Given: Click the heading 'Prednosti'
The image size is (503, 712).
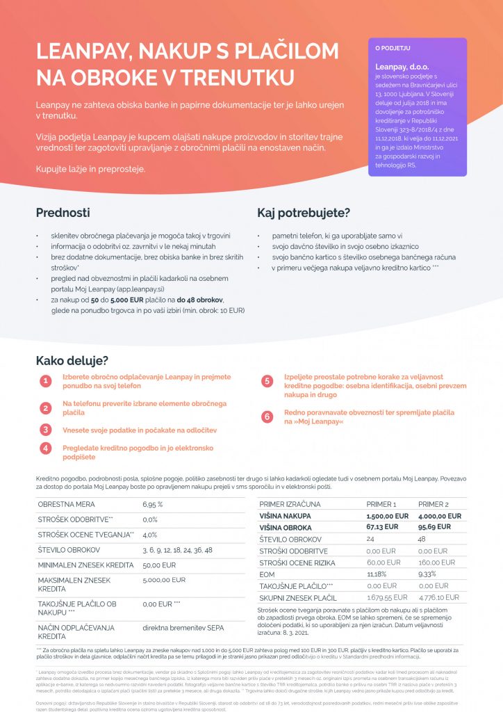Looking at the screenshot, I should pyautogui.click(x=63, y=213).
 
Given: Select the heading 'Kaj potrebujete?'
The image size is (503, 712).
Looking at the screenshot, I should pyautogui.click(x=304, y=213).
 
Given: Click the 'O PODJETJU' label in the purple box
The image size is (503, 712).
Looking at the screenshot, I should pyautogui.click(x=393, y=49).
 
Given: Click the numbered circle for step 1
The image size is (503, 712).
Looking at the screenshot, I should pyautogui.click(x=45, y=381).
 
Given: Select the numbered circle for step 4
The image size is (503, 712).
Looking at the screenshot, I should pyautogui.click(x=45, y=448).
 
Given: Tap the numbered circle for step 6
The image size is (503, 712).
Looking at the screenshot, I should pyautogui.click(x=267, y=416).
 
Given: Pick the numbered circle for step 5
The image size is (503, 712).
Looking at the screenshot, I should pyautogui.click(x=267, y=381).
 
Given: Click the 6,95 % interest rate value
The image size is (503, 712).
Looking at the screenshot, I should pyautogui.click(x=152, y=503).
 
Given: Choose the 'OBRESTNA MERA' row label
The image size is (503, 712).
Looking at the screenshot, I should pyautogui.click(x=67, y=503).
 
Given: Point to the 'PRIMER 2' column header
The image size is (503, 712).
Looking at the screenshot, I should pyautogui.click(x=435, y=503).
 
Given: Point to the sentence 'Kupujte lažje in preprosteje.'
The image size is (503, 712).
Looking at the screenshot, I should pyautogui.click(x=91, y=169).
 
